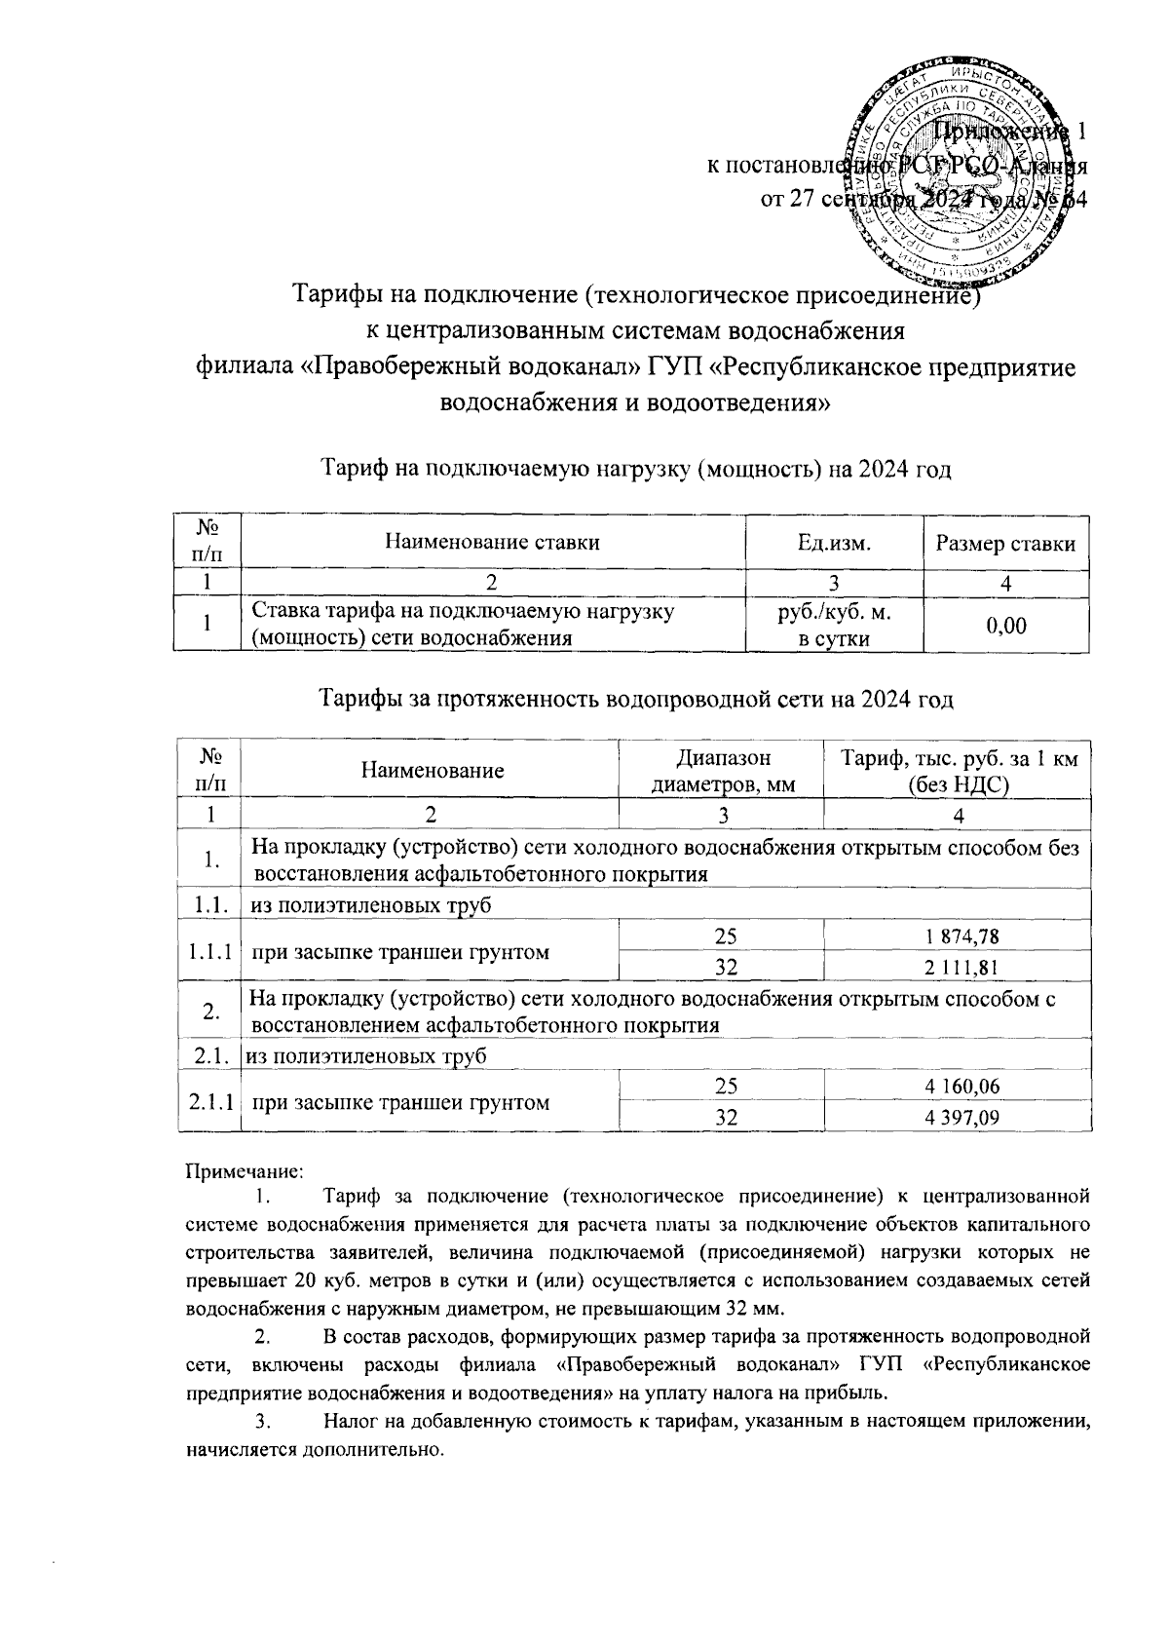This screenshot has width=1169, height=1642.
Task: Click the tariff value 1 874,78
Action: pos(958,936)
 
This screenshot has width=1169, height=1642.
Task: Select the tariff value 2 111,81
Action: pos(958,967)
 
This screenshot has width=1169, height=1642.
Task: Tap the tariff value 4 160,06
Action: pos(958,1087)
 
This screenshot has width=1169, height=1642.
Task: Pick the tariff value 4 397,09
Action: pos(958,1117)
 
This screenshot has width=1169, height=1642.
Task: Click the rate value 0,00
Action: pos(1005,625)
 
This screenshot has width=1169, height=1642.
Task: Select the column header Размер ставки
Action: pos(1005,543)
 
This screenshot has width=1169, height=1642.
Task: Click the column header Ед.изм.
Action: pos(834,543)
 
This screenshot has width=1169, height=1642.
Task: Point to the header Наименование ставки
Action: pos(493,543)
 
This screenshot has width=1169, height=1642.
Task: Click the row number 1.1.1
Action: pos(209,952)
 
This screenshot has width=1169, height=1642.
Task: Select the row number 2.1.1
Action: pos(209,1102)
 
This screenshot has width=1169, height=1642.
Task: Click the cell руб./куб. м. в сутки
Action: pos(834,625)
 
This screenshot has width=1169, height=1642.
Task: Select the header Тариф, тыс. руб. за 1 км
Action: pos(957,759)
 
